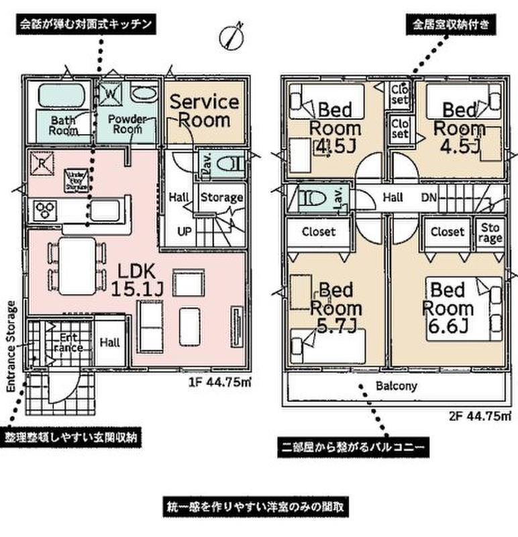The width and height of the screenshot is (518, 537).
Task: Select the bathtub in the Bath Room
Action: [60, 96]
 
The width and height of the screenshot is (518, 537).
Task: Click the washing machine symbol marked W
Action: [109, 93]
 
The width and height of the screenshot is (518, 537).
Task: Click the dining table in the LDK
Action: [77, 263]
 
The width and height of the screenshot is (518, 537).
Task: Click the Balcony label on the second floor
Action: [396, 386]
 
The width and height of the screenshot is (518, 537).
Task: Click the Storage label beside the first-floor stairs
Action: [221, 197]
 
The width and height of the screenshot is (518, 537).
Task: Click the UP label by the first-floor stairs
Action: [183, 232]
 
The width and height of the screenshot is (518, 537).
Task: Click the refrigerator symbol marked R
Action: [41, 163]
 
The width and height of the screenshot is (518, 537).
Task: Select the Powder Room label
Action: [127, 124]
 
